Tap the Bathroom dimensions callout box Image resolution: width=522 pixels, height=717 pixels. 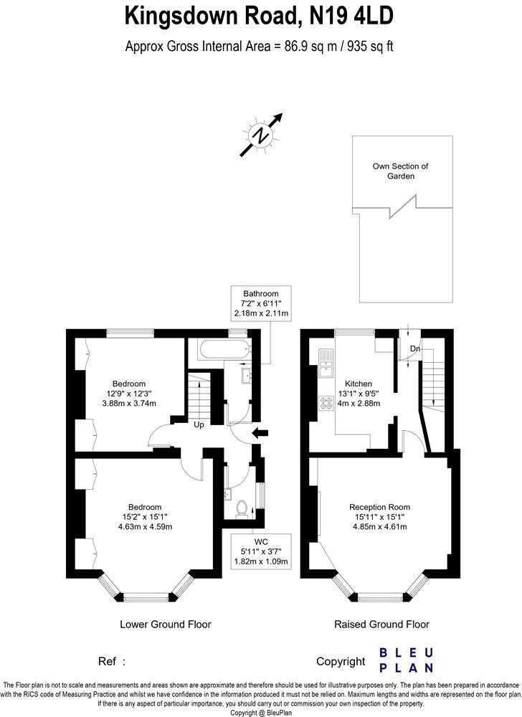(260, 304)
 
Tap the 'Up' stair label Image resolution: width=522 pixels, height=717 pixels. (200, 425)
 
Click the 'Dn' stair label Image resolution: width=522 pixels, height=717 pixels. (414, 349)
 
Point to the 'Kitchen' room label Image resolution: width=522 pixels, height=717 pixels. (359, 383)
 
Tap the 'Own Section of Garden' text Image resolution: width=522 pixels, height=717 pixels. (400, 171)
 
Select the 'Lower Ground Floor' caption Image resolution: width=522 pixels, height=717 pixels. (165, 624)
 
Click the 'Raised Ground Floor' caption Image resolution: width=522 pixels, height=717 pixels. (381, 624)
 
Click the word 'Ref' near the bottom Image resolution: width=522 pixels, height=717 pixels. (105, 661)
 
